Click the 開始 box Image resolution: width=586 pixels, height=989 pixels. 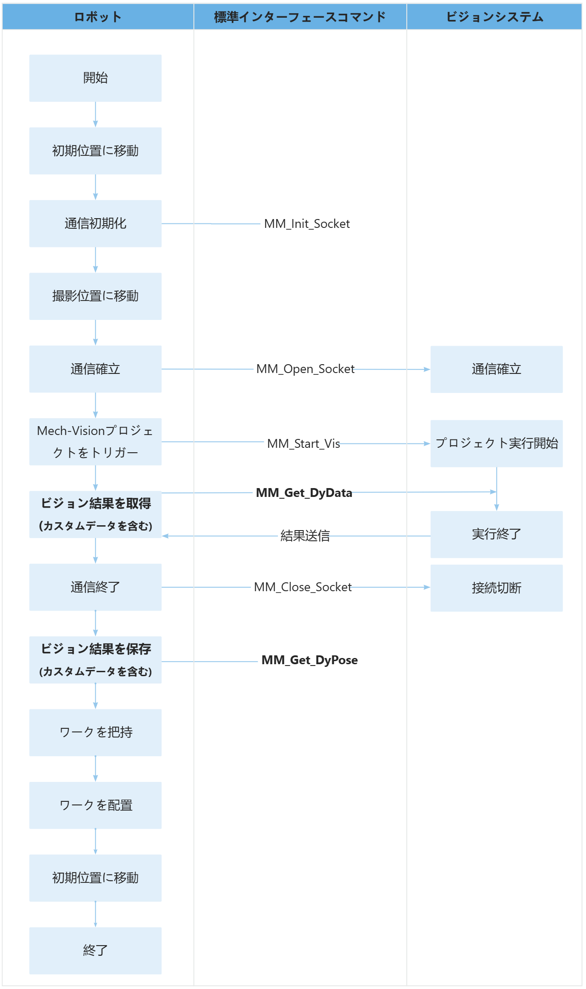(95, 78)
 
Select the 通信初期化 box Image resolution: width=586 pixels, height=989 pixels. (95, 224)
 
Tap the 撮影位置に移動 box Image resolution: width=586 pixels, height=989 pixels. (95, 296)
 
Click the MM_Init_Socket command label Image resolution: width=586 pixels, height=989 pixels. (307, 224)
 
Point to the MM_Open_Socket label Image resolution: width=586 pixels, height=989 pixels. (305, 369)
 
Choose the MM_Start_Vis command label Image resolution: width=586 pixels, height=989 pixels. (304, 443)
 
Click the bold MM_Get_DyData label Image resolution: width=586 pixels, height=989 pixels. (304, 493)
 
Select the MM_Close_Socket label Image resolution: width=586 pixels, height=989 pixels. (303, 587)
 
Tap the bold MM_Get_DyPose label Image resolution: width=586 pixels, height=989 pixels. (309, 660)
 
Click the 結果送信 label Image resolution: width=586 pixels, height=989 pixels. (305, 536)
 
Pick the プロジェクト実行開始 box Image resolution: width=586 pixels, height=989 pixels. (496, 443)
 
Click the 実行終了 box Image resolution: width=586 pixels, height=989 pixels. (496, 535)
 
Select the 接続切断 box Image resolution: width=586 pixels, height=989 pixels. (496, 588)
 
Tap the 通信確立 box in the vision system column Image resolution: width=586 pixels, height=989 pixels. (496, 369)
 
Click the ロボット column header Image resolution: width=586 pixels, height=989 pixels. (98, 17)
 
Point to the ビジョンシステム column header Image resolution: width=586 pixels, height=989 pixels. (494, 17)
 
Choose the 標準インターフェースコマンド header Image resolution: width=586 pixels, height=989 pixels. (300, 17)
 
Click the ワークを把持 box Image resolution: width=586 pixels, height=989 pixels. (95, 732)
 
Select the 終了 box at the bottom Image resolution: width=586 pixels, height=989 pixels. (95, 951)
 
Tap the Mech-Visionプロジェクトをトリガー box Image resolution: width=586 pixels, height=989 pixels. (95, 442)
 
